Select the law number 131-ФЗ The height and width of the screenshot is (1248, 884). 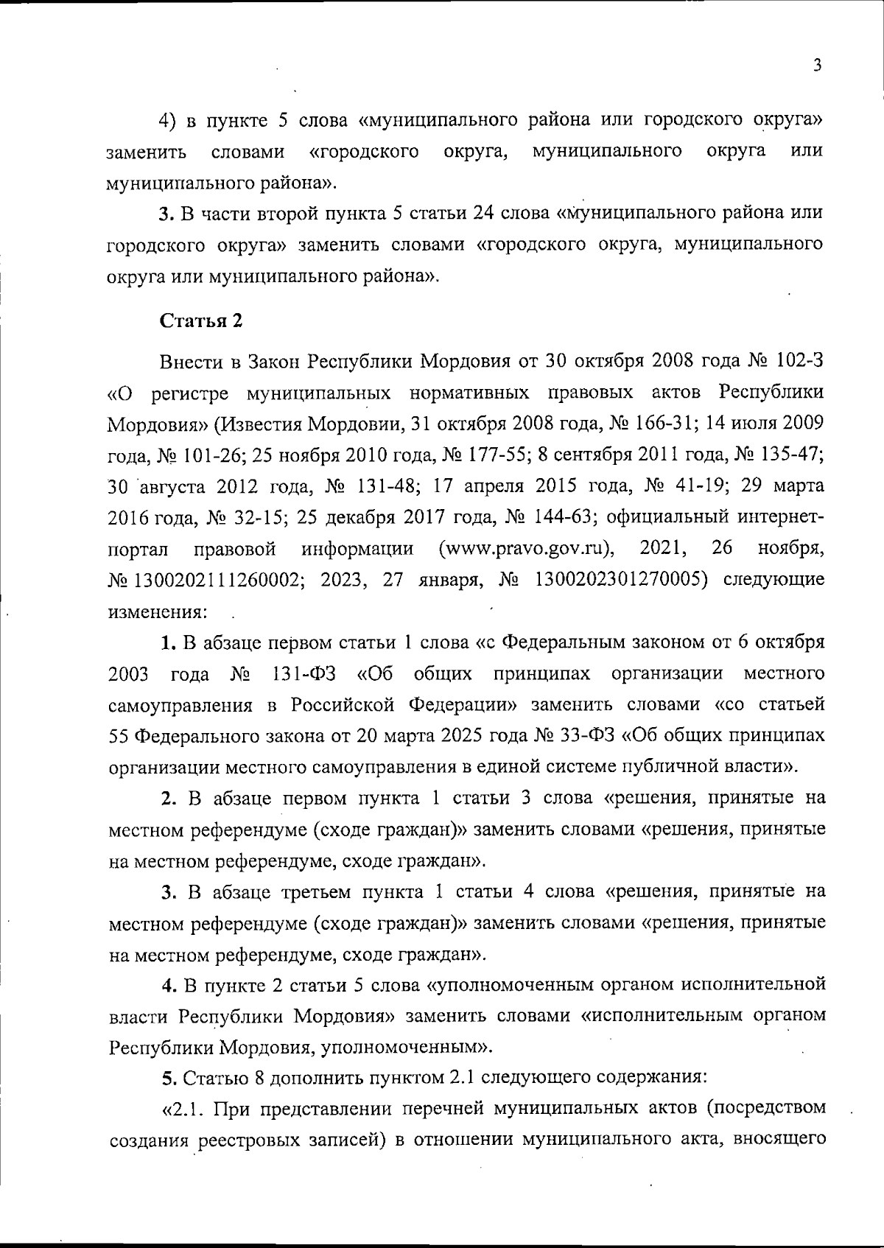pos(305,673)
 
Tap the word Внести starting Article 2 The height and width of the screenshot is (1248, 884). pos(189,361)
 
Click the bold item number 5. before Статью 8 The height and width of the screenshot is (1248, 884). pos(169,1077)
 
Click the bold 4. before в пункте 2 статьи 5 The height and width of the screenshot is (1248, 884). pos(170,985)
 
